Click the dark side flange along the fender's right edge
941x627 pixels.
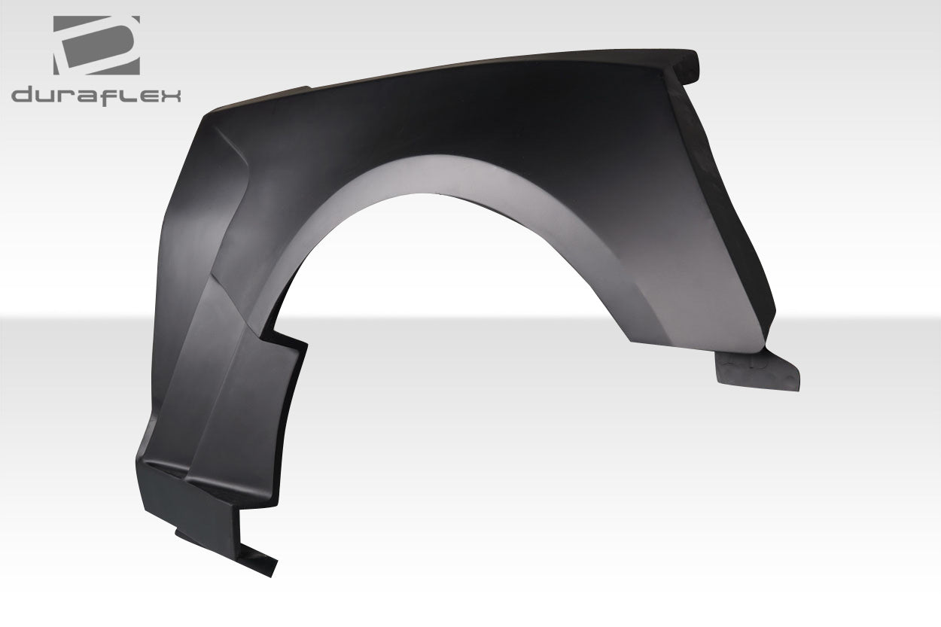(723, 188)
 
